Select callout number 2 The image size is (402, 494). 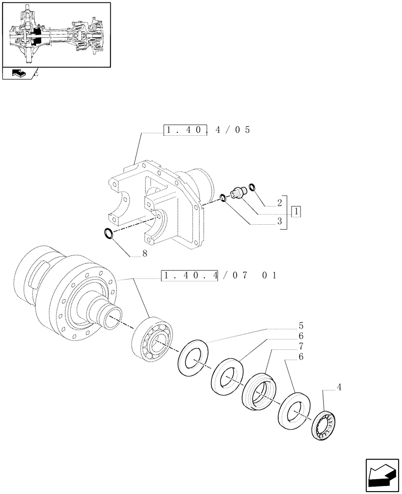tap(280, 203)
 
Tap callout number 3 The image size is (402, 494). tap(280, 222)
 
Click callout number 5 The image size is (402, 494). tap(301, 326)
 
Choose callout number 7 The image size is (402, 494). tap(301, 346)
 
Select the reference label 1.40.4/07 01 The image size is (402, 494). tap(220, 275)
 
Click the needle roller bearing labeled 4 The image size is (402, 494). tap(324, 424)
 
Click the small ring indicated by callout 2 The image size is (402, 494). tap(252, 187)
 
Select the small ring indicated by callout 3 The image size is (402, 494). tap(223, 199)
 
